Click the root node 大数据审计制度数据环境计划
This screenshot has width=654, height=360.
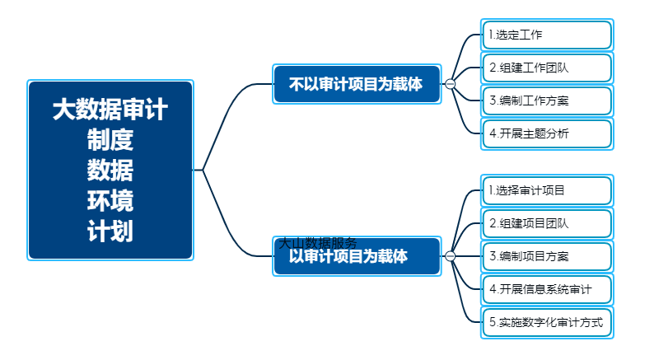click(x=110, y=171)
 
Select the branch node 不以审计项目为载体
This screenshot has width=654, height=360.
click(x=357, y=84)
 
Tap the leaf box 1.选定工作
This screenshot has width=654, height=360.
click(x=547, y=35)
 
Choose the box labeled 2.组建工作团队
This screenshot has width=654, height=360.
click(x=547, y=68)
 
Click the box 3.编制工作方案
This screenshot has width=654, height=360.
click(x=547, y=101)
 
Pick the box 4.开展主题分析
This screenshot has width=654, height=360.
click(x=547, y=133)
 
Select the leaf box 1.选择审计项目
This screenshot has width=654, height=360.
click(x=547, y=190)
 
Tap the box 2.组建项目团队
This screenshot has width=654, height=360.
click(x=547, y=223)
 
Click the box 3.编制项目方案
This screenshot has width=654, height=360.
click(x=547, y=256)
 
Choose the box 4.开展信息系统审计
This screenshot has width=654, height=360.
click(x=547, y=289)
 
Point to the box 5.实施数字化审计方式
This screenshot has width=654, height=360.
click(x=547, y=322)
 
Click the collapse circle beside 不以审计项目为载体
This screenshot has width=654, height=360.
click(x=450, y=84)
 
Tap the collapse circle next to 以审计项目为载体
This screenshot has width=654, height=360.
click(x=450, y=256)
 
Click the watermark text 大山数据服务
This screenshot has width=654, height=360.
click(x=317, y=243)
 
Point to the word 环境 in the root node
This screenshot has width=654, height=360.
click(x=110, y=201)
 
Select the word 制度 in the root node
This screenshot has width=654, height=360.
click(x=110, y=140)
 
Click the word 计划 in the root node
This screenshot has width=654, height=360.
click(x=110, y=231)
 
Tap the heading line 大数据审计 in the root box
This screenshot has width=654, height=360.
click(x=110, y=110)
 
